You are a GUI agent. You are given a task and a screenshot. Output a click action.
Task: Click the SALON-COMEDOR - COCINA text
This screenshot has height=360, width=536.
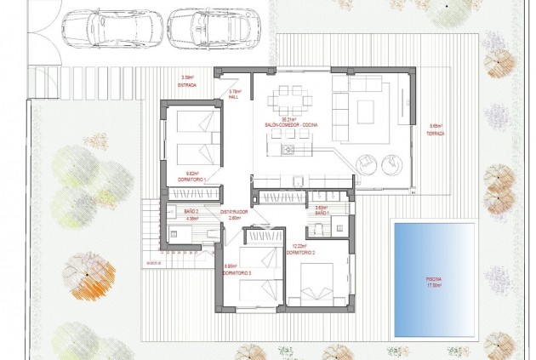click(x=292, y=125)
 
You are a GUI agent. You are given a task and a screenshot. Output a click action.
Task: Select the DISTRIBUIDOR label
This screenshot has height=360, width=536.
click(x=234, y=212)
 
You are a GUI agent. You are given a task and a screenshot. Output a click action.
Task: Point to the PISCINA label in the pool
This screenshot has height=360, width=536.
click(x=434, y=278)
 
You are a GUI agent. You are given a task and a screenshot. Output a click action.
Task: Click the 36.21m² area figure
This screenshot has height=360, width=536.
click(x=291, y=120)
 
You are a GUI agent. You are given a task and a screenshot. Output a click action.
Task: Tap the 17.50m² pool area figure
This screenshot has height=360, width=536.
click(x=434, y=285)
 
